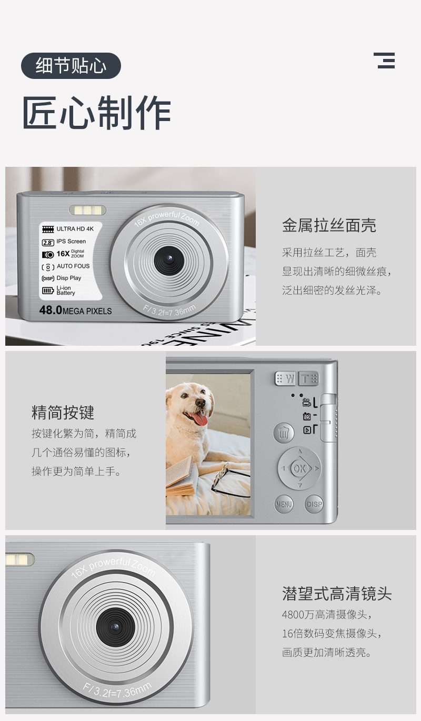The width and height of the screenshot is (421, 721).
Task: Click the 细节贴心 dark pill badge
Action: tap(71, 66)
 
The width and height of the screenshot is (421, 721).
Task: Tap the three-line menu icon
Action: tap(384, 61)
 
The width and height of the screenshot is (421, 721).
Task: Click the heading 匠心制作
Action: tap(96, 113)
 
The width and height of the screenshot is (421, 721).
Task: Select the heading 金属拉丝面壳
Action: tap(329, 225)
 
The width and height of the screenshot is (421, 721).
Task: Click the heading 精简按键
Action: tap(63, 412)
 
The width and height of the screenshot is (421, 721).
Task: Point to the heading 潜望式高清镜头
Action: tap(337, 594)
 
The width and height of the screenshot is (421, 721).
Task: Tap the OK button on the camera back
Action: tap(299, 468)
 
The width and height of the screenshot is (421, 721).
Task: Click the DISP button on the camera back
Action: tap(314, 504)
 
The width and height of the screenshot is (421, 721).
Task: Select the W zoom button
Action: tap(286, 379)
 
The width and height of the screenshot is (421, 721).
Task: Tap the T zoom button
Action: tap(309, 378)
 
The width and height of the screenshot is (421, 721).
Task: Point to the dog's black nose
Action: tap(200, 403)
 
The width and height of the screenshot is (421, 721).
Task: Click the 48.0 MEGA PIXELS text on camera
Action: tap(75, 311)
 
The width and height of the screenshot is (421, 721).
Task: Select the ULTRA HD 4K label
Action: tap(75, 229)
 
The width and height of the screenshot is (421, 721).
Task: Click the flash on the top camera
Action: tap(87, 210)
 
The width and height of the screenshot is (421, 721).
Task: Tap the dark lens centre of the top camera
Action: tap(169, 261)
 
